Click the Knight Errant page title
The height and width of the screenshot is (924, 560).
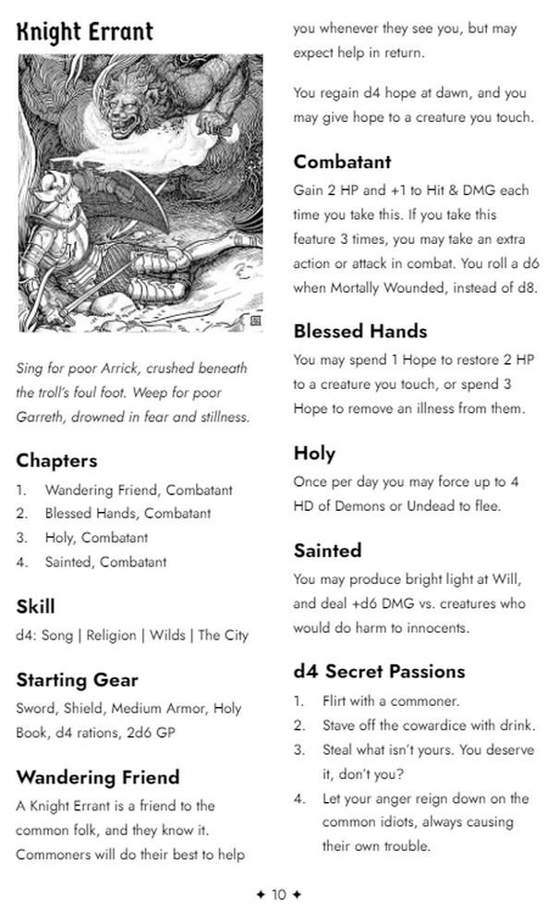tap(84, 31)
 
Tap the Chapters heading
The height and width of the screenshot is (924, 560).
tap(56, 460)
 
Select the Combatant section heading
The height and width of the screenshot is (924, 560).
tap(342, 162)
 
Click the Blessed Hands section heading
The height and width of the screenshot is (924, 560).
tap(359, 331)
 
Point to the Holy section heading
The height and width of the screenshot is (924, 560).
tap(314, 453)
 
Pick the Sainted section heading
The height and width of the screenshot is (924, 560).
tap(327, 551)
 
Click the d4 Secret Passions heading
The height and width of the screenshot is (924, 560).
tap(379, 671)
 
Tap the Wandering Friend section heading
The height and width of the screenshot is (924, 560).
tap(97, 777)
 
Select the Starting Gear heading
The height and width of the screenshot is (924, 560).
tap(77, 680)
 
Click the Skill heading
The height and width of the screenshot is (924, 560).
tap(35, 606)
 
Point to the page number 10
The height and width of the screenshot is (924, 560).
tap(279, 894)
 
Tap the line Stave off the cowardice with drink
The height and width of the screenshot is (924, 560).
tap(429, 725)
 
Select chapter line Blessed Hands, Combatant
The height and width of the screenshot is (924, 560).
tap(128, 514)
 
